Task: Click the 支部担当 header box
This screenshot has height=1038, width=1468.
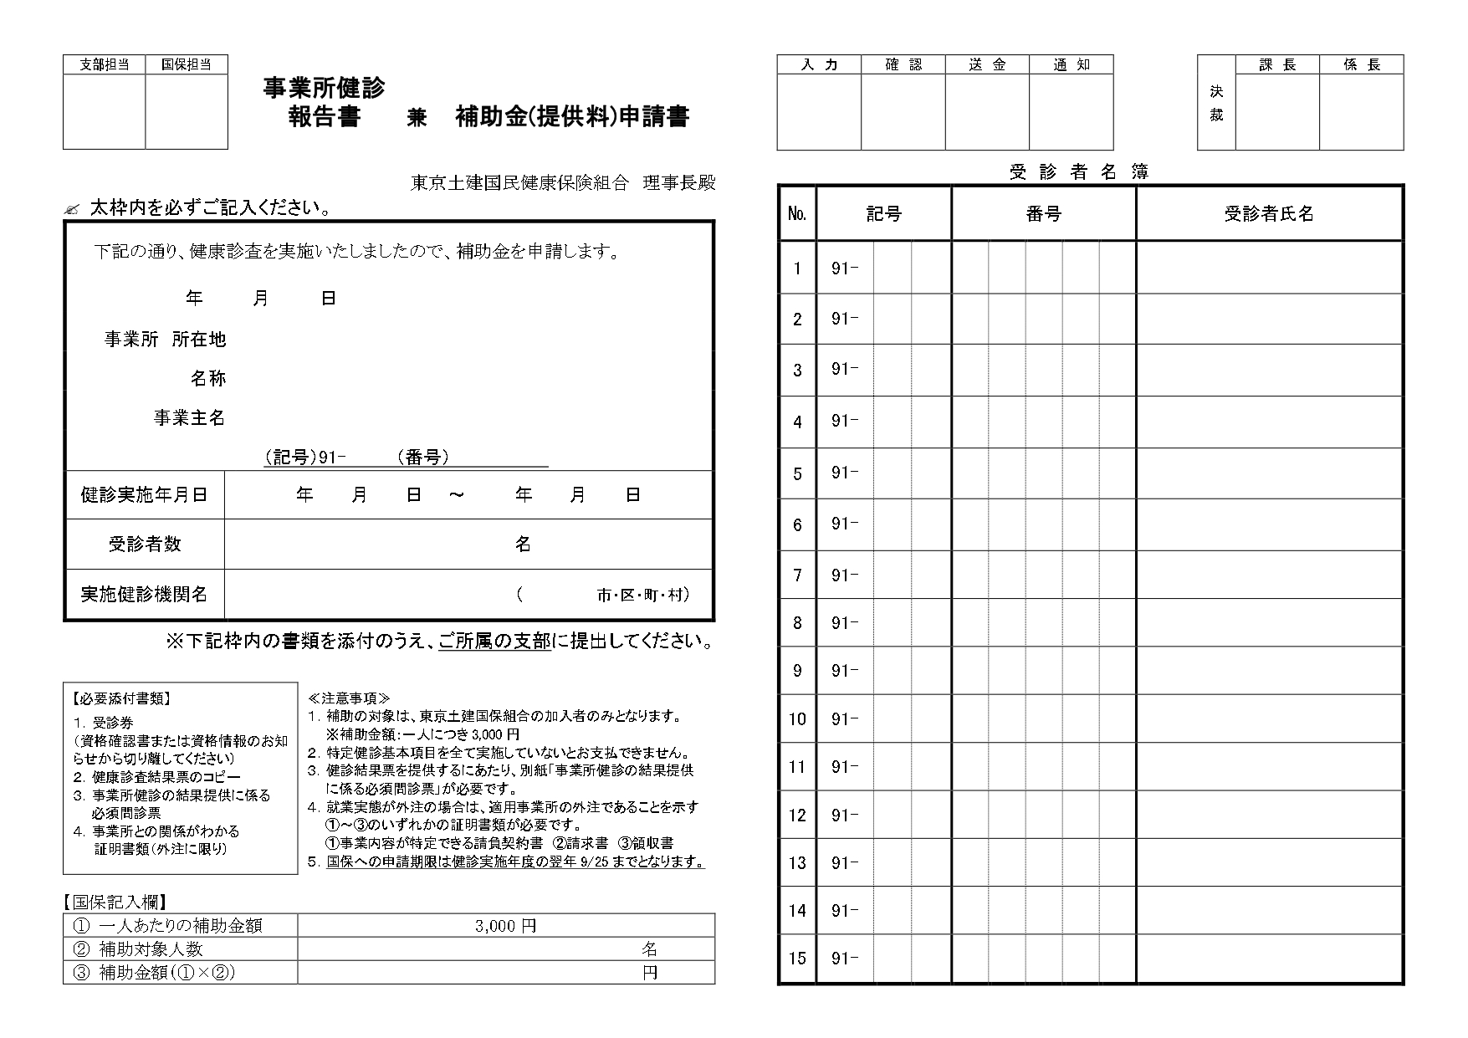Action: pos(105,64)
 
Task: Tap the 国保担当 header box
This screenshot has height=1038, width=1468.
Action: pos(187,64)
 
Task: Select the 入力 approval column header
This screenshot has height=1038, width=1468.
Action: pos(819,64)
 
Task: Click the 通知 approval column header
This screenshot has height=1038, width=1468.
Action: pos(1072,64)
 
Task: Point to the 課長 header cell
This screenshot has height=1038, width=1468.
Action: pos(1277,64)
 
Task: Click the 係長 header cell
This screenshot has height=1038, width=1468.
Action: pos(1362,64)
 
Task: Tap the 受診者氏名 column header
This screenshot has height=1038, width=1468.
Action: pos(1269,214)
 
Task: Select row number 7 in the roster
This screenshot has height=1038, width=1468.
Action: pos(797,575)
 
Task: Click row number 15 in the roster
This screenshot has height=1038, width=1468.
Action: pos(797,959)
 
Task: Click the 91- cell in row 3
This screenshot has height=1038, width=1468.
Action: pos(845,370)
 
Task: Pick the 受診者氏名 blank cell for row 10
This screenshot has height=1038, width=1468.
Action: pos(1269,719)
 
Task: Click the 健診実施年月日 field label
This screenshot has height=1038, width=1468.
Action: pos(144,495)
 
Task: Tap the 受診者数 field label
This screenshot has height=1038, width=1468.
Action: pos(144,545)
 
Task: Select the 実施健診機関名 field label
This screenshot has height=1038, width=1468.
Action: pos(144,595)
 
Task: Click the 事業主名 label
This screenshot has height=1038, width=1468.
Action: pos(189,418)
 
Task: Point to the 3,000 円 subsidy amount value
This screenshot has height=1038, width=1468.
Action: pos(505,926)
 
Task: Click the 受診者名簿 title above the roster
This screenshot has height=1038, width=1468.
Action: pos(1079,172)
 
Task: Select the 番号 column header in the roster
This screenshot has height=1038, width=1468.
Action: pos(1043,214)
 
